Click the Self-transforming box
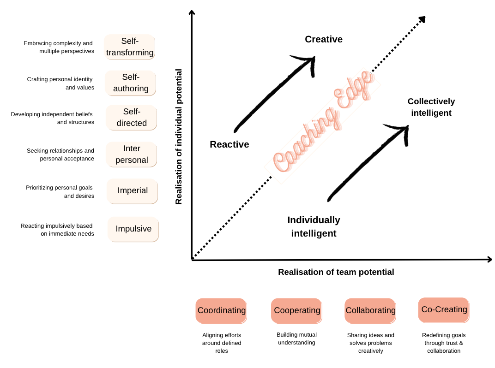(129, 47)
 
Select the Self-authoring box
(130, 83)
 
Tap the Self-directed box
(131, 117)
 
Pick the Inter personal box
(131, 154)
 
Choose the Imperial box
(132, 191)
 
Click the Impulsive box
(133, 229)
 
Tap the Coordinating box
(221, 311)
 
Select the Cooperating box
(297, 311)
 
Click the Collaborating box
(370, 311)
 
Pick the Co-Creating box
(444, 310)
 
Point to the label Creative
(324, 39)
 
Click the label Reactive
(229, 144)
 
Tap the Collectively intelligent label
(431, 107)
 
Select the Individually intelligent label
(314, 227)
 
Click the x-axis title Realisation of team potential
(336, 272)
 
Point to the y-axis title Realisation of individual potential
(179, 137)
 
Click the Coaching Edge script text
(324, 122)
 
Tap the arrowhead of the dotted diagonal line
(422, 19)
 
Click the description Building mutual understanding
(297, 338)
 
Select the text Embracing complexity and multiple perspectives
(59, 47)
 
